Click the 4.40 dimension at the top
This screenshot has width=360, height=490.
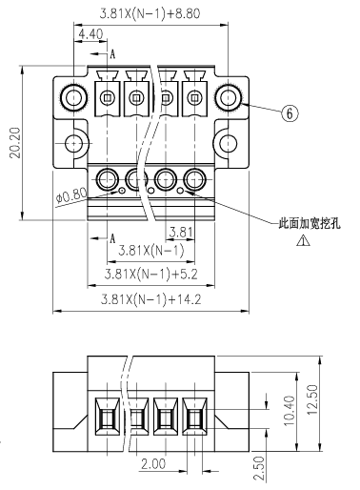(x=90, y=33)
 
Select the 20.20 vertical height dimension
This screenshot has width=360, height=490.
(x=15, y=143)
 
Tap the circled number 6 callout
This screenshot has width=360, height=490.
(x=290, y=113)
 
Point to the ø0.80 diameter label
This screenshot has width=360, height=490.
(x=71, y=195)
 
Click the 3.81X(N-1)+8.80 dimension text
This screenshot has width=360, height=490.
(x=150, y=13)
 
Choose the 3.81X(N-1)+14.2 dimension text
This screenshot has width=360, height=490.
(x=150, y=299)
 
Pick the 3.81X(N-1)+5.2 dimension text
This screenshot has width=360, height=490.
(x=150, y=274)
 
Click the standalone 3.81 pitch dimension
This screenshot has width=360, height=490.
(x=181, y=232)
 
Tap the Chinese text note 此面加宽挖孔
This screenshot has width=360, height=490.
(x=309, y=223)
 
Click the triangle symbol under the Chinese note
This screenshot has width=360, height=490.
(x=304, y=240)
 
